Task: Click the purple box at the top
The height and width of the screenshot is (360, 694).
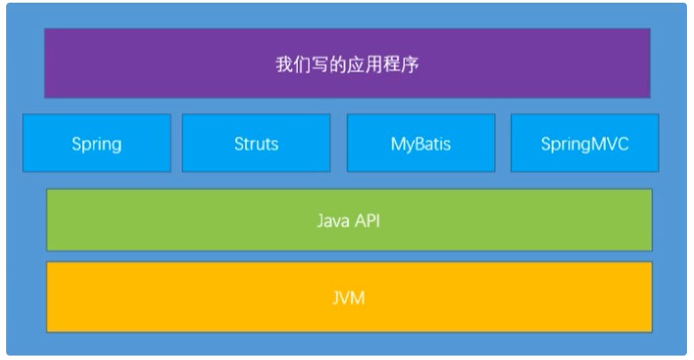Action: click(x=347, y=63)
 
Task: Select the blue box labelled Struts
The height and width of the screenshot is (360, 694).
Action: click(x=256, y=142)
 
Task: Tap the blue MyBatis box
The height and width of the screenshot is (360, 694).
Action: click(x=421, y=142)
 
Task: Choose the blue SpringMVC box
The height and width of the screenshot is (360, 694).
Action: click(x=585, y=142)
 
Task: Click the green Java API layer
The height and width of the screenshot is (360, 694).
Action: click(x=349, y=220)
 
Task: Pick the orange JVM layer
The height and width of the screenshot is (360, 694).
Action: click(x=349, y=297)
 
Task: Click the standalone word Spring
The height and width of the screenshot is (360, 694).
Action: click(x=97, y=145)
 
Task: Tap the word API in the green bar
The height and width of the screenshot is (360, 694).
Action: click(x=367, y=220)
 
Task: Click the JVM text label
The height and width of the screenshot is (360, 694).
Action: click(x=348, y=298)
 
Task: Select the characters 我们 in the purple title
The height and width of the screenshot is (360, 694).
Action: click(x=292, y=64)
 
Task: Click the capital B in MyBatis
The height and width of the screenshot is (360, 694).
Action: click(x=421, y=144)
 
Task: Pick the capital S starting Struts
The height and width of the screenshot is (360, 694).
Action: click(x=239, y=144)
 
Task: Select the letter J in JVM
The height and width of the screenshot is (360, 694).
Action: click(x=336, y=299)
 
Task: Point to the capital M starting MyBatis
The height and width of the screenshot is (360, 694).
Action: click(x=398, y=144)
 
